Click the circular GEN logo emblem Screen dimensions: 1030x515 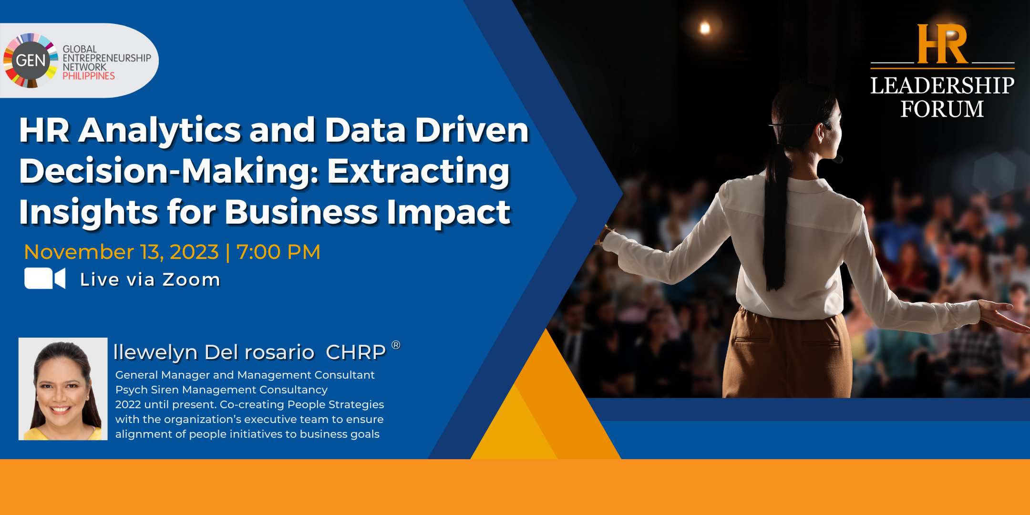point(31,61)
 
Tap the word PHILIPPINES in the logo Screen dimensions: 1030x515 point(89,76)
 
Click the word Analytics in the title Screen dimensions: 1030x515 point(160,131)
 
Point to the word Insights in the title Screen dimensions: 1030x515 point(89,212)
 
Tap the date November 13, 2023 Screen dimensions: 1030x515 point(121,252)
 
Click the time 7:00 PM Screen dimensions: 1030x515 point(278,252)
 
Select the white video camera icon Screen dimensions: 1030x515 point(45,278)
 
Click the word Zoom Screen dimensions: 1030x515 point(191,279)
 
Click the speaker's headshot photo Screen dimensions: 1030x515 point(63,389)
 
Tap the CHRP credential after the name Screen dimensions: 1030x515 point(356,352)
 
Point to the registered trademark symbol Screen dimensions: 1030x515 point(396,345)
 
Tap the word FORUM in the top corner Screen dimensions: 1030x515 point(942,109)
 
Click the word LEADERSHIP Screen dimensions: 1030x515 point(942,86)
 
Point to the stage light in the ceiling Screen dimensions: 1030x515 point(705,28)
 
